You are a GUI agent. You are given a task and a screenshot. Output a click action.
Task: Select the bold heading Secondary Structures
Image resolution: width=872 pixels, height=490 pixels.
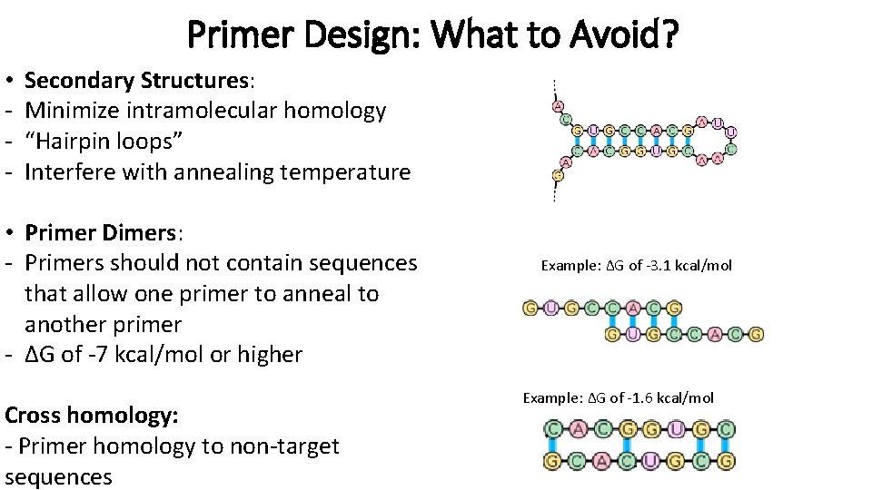coord(136,80)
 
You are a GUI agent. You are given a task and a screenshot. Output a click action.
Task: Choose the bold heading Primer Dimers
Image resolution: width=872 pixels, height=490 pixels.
coord(101,232)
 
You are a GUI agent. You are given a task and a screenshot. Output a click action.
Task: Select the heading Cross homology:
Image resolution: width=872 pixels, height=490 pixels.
coord(91,416)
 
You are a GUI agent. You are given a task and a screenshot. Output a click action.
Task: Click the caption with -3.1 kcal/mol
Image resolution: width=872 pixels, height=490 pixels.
coord(636,266)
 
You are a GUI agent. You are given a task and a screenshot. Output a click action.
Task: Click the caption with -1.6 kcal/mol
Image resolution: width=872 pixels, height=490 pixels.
coord(618,398)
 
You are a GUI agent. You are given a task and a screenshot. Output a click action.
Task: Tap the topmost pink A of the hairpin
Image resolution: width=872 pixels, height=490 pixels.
coord(558,106)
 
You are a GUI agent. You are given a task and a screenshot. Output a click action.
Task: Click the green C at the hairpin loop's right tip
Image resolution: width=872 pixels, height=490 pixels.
coord(731,148)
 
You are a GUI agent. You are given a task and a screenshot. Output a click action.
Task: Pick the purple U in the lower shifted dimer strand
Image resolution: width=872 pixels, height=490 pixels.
coord(632,335)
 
